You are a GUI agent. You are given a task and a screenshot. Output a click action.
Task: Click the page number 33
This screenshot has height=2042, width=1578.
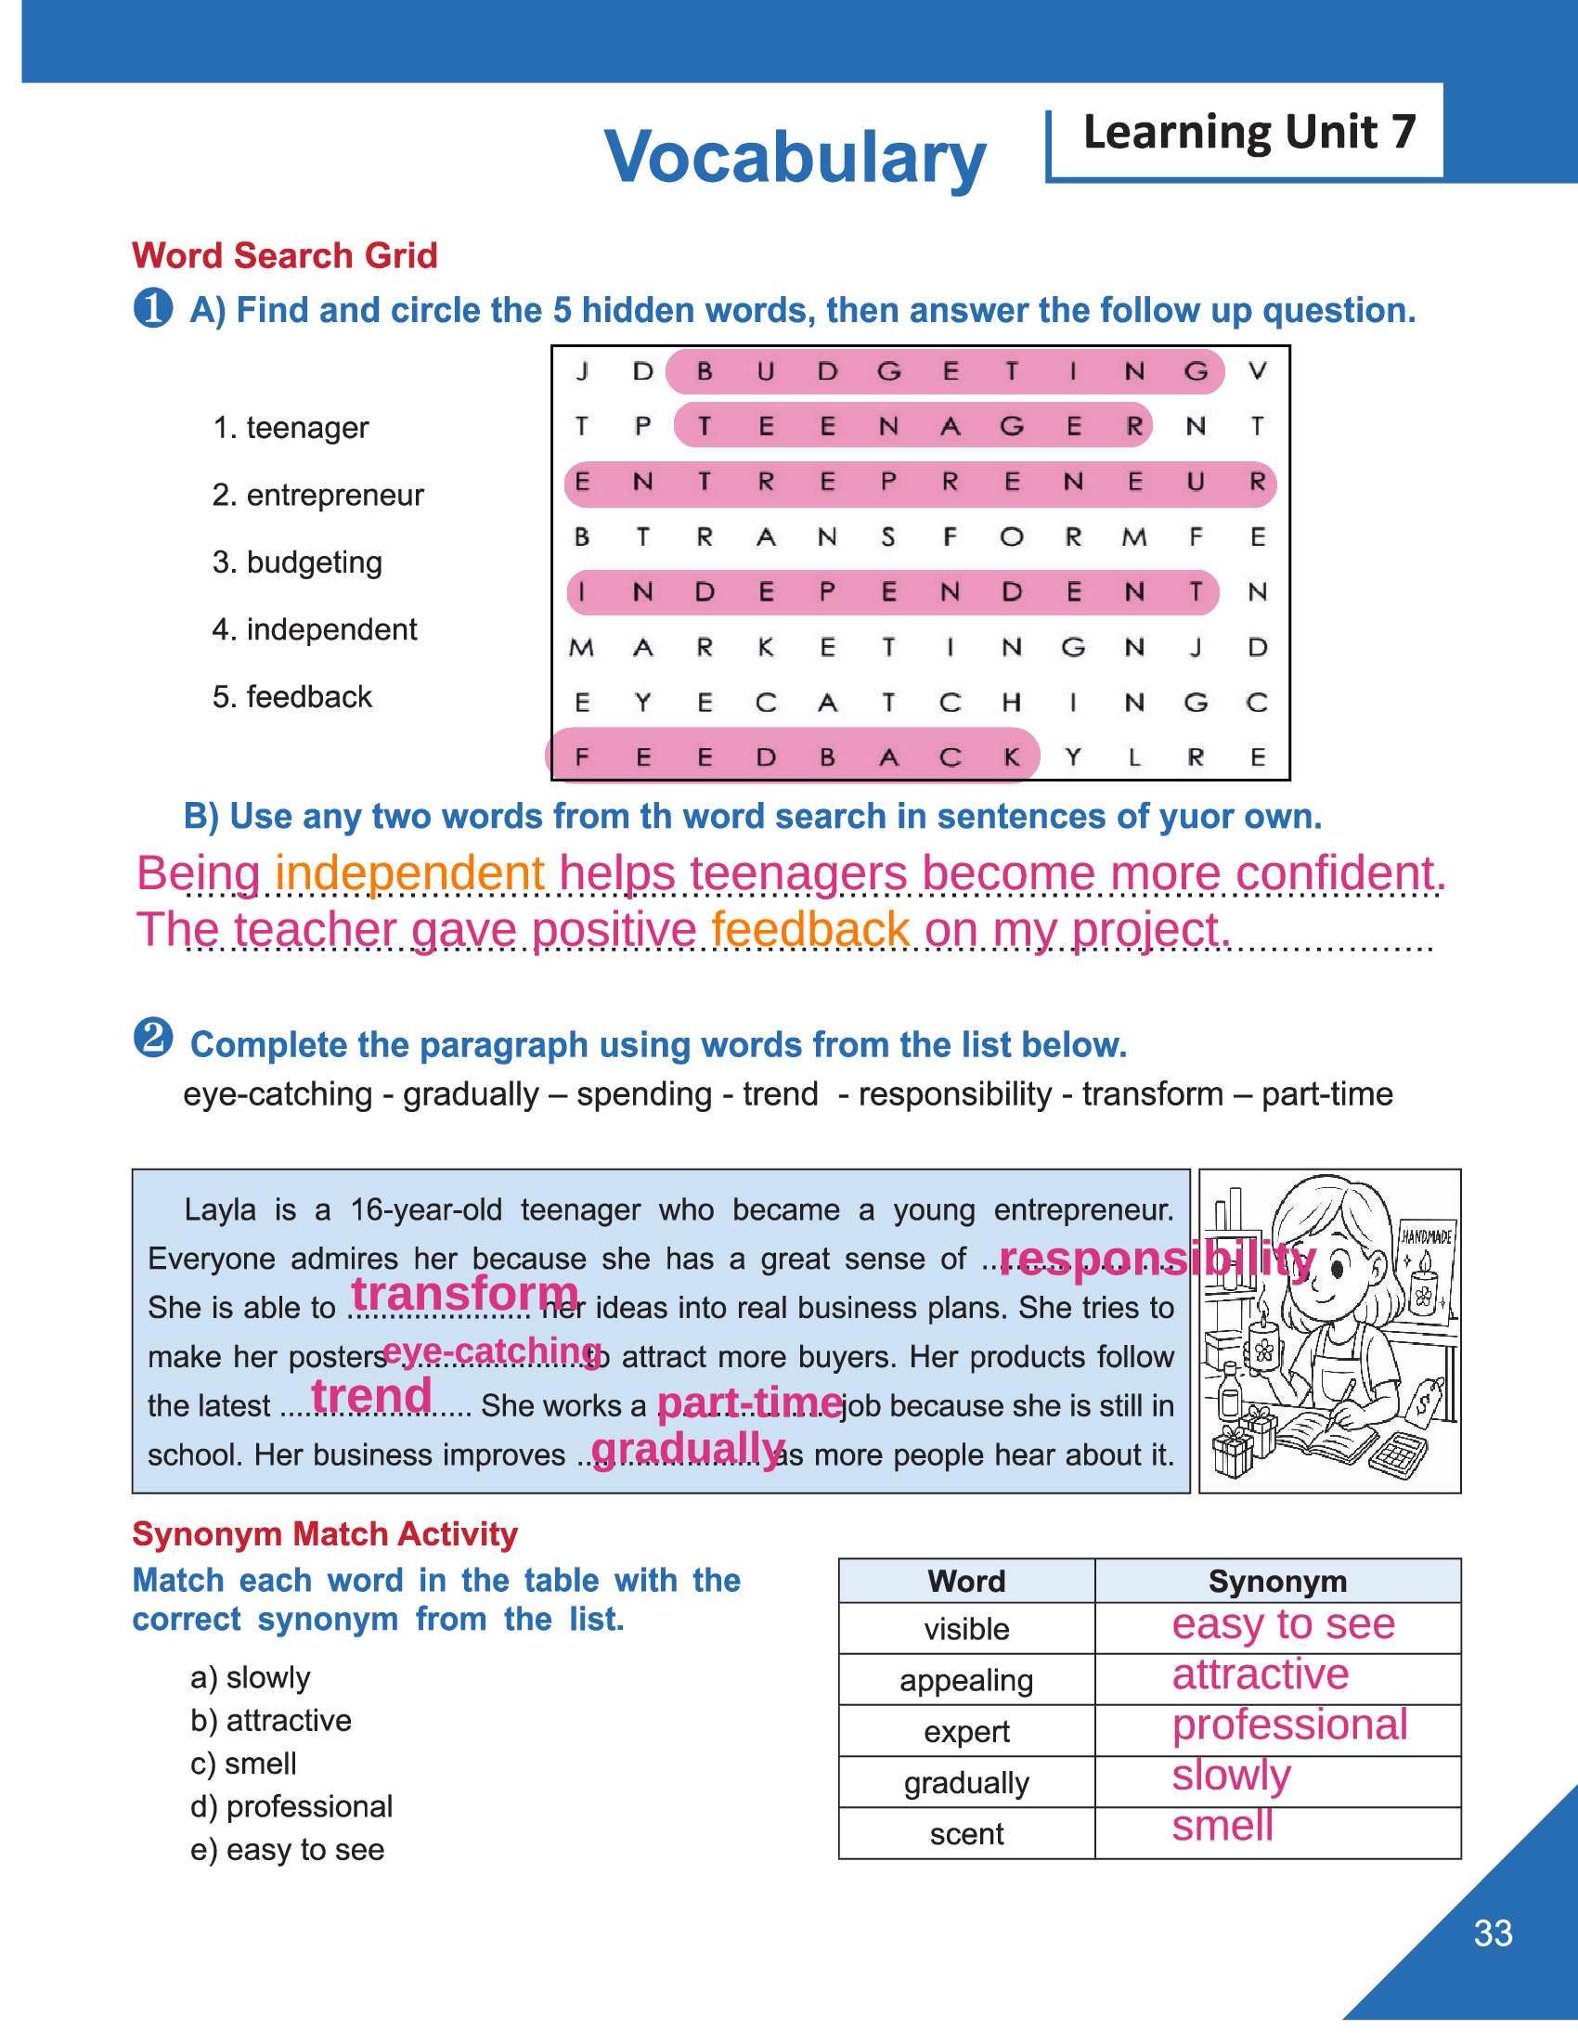[1492, 1932]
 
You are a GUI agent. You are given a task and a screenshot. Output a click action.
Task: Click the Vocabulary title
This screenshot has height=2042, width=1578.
[795, 157]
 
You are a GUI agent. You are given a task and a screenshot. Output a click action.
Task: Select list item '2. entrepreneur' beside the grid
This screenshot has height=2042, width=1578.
[317, 495]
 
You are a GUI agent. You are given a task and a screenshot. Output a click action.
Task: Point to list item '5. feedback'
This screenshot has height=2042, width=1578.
[291, 696]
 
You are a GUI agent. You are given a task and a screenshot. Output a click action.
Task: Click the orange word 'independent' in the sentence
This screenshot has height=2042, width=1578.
[409, 873]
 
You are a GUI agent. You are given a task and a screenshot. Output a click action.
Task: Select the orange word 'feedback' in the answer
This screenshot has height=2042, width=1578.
[809, 929]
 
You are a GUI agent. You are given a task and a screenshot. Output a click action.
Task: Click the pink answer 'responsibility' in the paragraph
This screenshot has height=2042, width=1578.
[1158, 1259]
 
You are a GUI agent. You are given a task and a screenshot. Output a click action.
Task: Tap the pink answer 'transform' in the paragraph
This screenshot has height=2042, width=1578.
[465, 1294]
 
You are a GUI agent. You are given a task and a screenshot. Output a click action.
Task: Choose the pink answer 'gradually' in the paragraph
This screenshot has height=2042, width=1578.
[688, 1447]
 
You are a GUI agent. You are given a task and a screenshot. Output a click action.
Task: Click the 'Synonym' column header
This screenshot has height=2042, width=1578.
[1277, 1581]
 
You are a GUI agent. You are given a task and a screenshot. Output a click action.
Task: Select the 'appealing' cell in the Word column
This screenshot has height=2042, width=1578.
[965, 1680]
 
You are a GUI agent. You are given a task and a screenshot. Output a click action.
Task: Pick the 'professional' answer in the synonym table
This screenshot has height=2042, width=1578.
[1289, 1725]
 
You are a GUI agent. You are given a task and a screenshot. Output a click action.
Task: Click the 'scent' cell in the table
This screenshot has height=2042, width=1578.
[965, 1833]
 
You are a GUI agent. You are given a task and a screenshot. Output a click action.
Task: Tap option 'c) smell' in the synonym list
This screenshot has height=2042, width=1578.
[243, 1764]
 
